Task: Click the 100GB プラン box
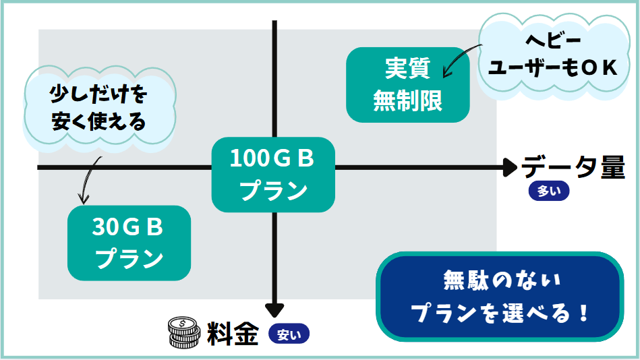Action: click(273, 174)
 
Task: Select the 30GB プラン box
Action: click(129, 243)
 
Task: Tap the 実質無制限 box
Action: click(407, 84)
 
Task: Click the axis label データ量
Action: click(574, 167)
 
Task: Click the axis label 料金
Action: click(233, 333)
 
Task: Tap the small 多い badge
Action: click(549, 191)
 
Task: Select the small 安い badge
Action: click(289, 333)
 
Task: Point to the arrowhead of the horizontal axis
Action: click(509, 167)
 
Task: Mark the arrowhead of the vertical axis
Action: click(274, 309)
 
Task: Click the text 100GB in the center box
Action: click(272, 159)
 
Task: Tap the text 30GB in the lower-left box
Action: click(128, 228)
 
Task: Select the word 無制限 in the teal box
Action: click(407, 101)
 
